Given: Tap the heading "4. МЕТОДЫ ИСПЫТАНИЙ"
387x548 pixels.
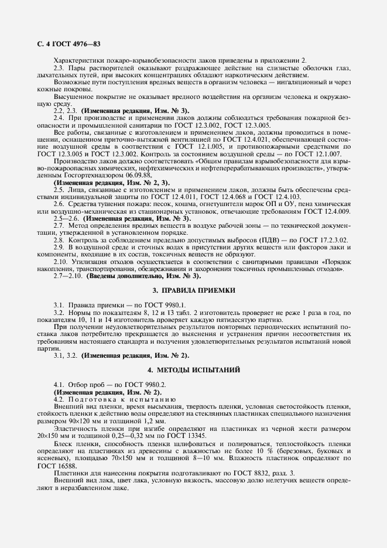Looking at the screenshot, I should coord(193,370).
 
